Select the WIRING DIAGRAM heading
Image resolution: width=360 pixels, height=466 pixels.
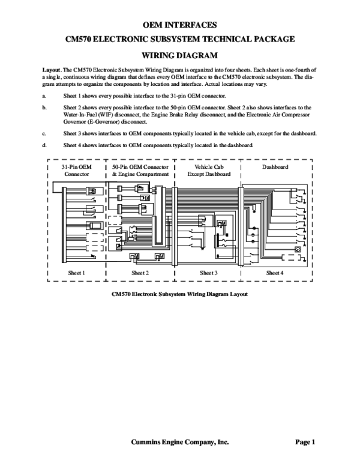point(179,55)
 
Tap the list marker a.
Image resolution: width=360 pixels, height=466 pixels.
point(44,96)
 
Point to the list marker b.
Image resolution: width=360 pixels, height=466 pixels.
point(44,107)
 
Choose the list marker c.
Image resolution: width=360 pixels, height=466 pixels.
point(44,133)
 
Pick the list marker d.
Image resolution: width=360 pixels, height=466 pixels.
point(44,145)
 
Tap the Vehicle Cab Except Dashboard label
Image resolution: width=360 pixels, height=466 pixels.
point(208,169)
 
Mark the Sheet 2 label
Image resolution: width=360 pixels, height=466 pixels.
point(140,273)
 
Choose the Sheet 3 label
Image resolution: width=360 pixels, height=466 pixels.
point(208,273)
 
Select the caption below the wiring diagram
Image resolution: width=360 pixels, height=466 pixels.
point(179,295)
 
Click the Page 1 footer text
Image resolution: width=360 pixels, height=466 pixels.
point(305,442)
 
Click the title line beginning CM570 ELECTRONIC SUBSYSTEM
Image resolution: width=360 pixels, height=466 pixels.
point(179,40)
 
